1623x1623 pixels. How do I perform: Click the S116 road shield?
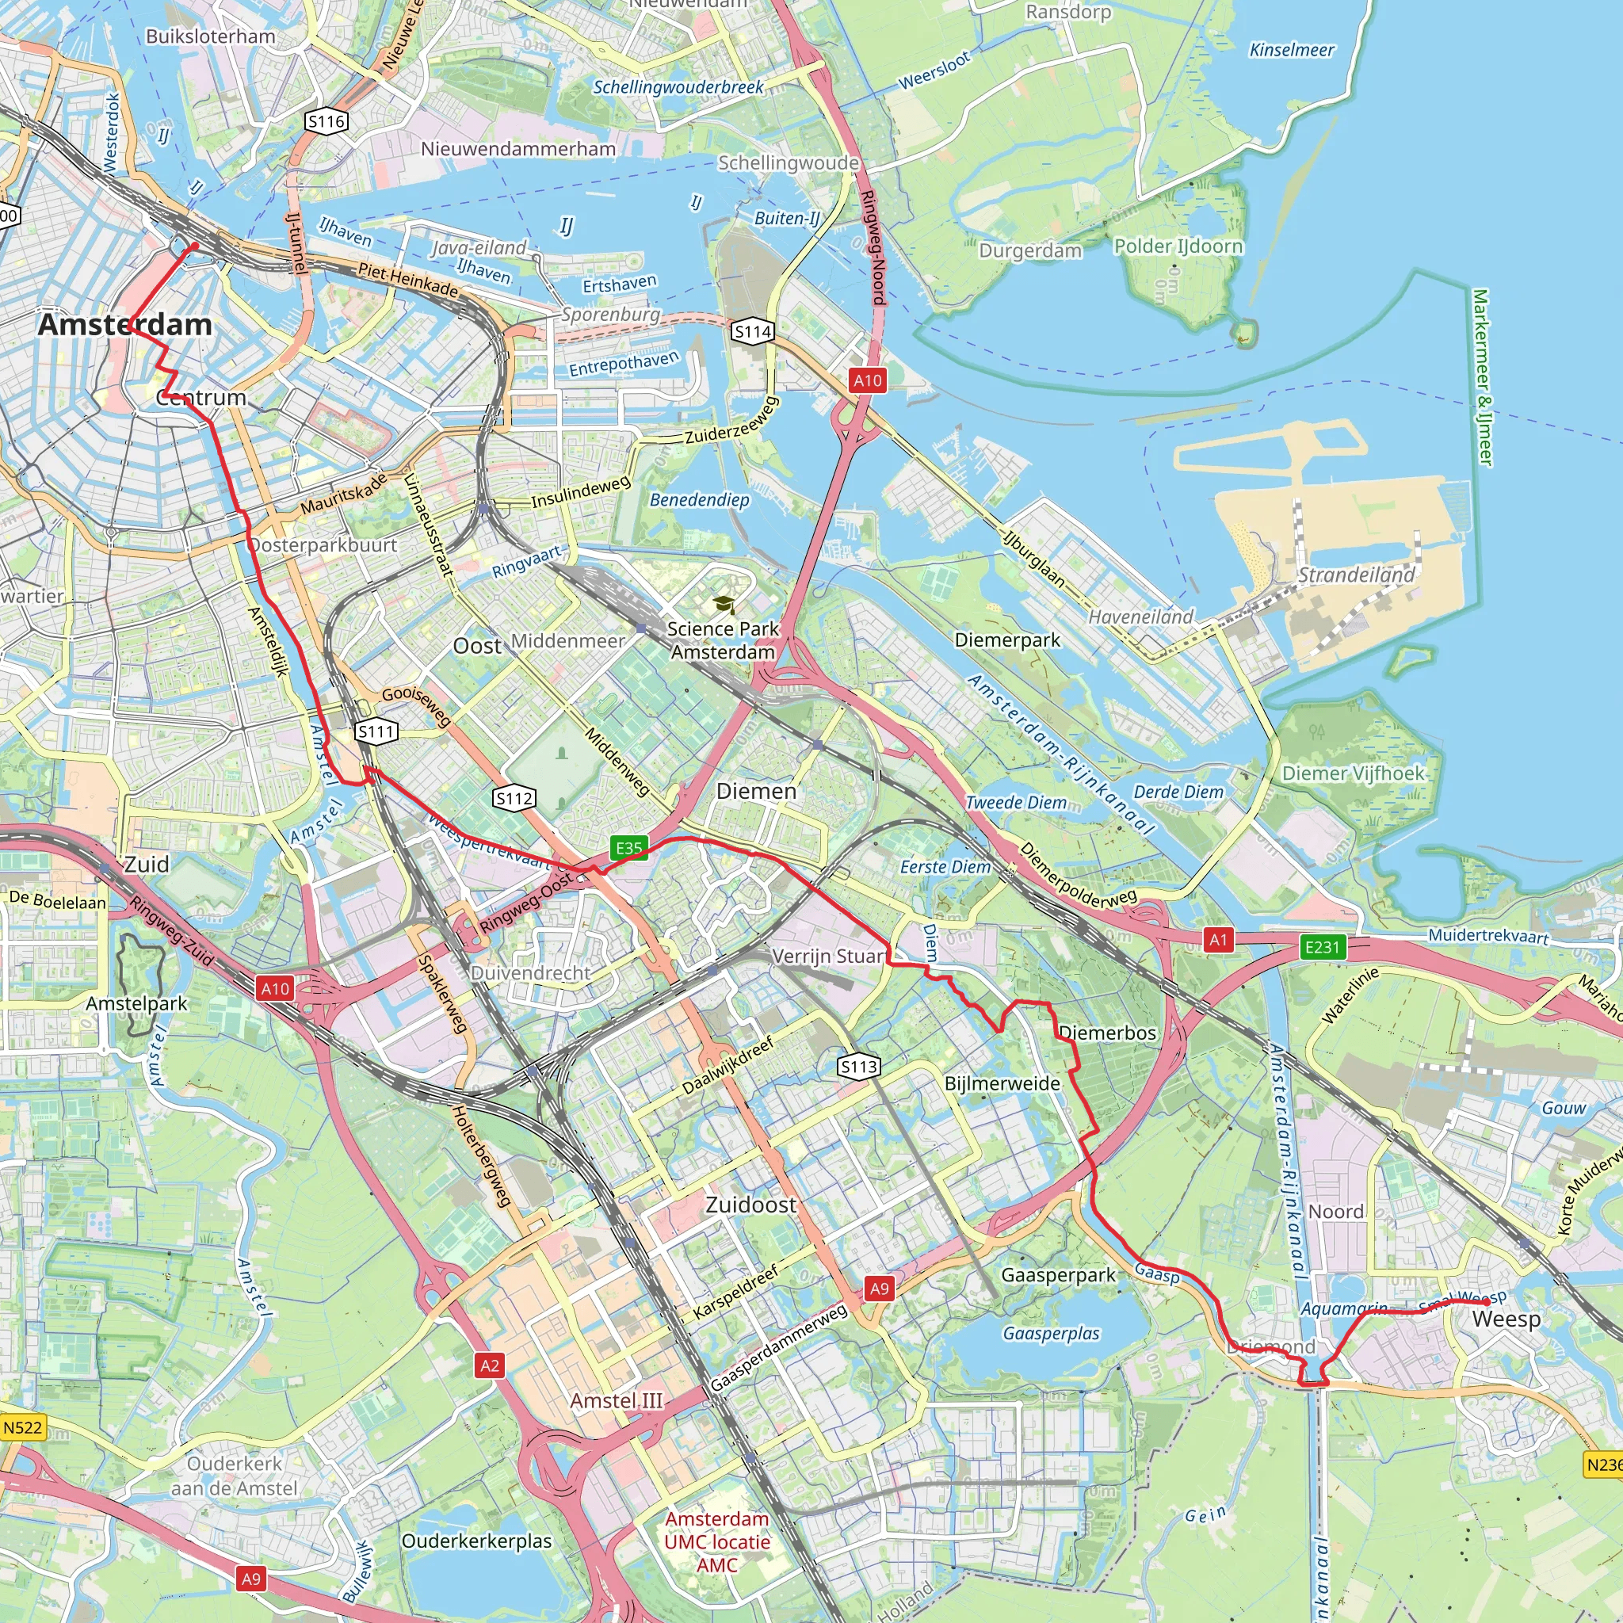click(326, 122)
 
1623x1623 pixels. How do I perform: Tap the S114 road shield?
click(752, 332)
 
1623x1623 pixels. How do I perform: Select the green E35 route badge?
click(628, 849)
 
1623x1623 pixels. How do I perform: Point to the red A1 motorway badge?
click(1218, 940)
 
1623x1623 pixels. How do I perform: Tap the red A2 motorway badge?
click(490, 1366)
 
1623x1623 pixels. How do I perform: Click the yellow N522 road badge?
click(22, 1427)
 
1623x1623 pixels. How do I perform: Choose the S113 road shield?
click(858, 1067)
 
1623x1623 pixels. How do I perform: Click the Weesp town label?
click(1507, 1319)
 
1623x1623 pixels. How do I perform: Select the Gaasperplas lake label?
click(1051, 1333)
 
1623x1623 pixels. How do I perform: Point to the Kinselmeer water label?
click(1291, 51)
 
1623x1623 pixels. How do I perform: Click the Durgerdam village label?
click(1030, 251)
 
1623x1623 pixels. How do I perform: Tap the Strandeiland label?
click(1356, 575)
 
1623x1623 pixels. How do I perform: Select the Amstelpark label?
click(137, 1003)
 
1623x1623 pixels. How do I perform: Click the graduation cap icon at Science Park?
click(723, 604)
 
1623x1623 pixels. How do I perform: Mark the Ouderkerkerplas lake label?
click(476, 1541)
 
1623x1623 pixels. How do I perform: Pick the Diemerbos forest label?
click(1107, 1033)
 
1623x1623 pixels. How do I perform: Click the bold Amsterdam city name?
click(125, 325)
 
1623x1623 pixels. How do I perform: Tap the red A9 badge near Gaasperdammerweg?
click(879, 1289)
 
